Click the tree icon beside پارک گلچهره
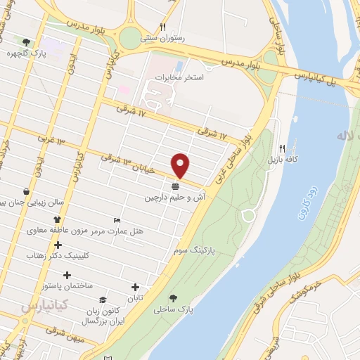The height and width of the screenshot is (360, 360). click(x=26, y=41)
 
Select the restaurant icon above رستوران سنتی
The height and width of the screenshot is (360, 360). click(x=162, y=27)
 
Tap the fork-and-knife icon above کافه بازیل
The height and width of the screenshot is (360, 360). click(x=282, y=148)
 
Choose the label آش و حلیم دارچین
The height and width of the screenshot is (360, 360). click(x=174, y=198)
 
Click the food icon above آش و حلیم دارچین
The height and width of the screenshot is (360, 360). click(x=175, y=187)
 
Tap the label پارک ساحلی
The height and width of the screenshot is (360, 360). click(x=193, y=309)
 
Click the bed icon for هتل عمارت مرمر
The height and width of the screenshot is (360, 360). click(x=117, y=220)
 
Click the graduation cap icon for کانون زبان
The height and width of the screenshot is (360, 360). click(x=103, y=300)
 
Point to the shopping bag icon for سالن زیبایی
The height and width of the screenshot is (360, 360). click(x=26, y=191)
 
